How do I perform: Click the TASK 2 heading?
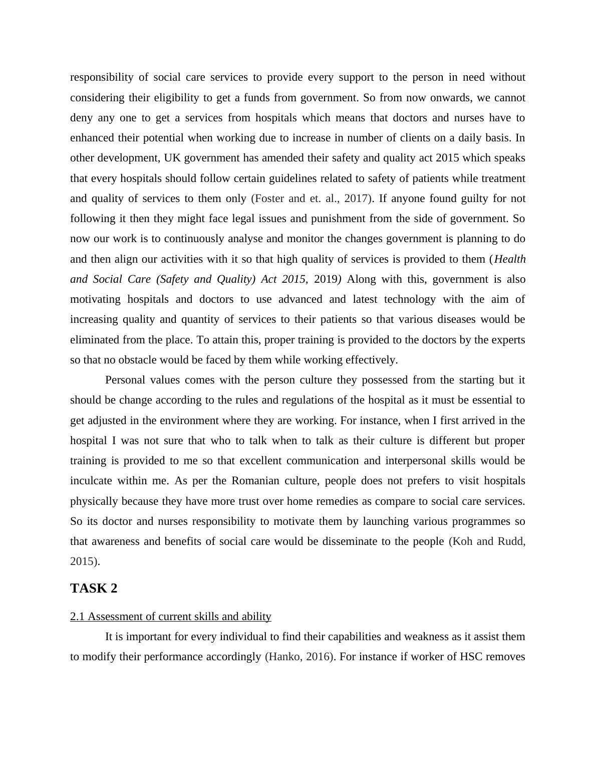click(x=94, y=589)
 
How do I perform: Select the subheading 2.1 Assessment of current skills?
click(x=170, y=617)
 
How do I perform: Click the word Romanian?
click(x=255, y=481)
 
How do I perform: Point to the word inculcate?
click(x=90, y=481)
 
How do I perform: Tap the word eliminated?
click(x=95, y=340)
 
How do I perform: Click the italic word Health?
click(x=510, y=259)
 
